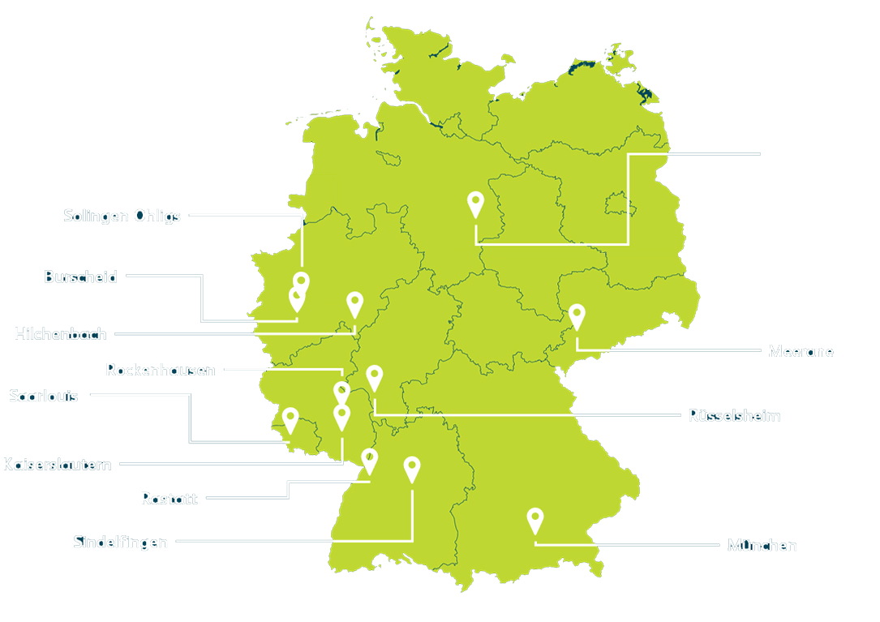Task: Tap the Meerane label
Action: pos(801,351)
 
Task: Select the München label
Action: pos(762,545)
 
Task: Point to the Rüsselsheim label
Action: pos(734,415)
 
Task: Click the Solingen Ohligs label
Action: pos(122,216)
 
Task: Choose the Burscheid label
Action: pos(80,277)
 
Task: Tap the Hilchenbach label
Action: pos(61,333)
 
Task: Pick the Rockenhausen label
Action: pos(161,370)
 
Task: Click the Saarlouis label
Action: pos(44,396)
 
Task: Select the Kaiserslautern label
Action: pos(58,465)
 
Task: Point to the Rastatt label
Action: pos(169,498)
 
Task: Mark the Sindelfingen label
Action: pos(121,541)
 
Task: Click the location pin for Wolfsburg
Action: pos(476,203)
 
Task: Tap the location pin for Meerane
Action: pos(577,315)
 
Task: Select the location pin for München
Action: pos(534,519)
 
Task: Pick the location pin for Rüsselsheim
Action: pos(374,376)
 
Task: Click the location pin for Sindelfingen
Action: pos(412,468)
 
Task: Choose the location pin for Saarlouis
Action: pos(290,419)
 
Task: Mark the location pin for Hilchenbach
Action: pos(354,303)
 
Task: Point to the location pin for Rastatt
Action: pos(369,460)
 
